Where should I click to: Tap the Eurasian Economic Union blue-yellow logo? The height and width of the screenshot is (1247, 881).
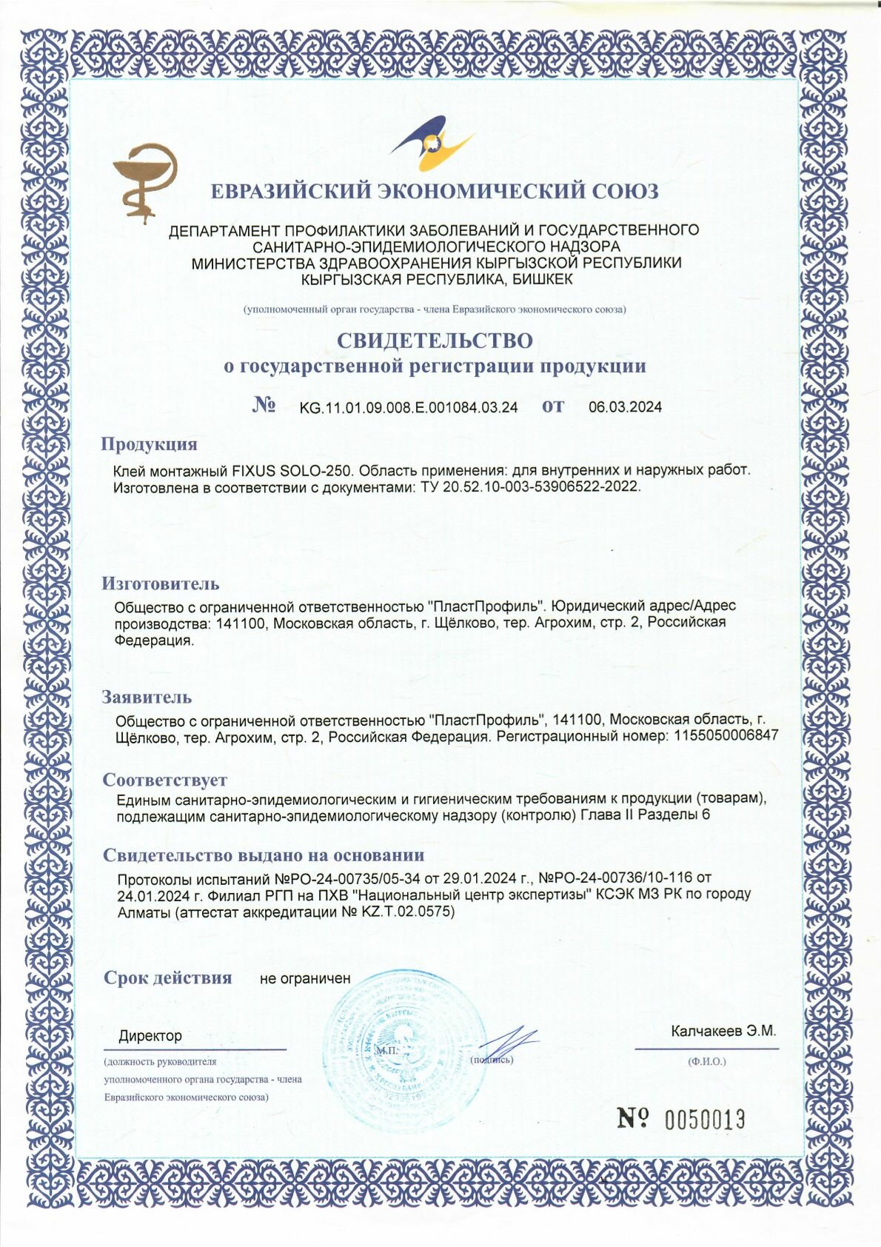click(432, 143)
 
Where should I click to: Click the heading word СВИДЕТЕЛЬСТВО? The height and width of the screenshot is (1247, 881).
click(435, 341)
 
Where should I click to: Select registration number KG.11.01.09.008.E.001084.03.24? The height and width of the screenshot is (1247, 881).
click(408, 407)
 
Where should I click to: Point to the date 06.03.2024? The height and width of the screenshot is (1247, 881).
click(625, 407)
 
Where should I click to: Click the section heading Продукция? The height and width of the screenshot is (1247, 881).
click(149, 444)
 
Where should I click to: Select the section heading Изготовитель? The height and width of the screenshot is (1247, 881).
click(160, 584)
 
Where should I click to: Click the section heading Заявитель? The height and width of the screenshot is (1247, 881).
click(147, 697)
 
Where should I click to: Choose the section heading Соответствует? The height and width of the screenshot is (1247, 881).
click(164, 780)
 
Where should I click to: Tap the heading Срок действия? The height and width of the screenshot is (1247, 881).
click(167, 978)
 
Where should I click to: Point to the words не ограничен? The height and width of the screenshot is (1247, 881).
click(305, 979)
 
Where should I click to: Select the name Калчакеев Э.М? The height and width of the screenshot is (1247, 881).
click(723, 1031)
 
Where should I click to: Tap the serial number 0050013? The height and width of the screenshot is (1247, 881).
click(704, 1120)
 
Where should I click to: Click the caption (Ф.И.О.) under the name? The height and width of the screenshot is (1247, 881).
click(707, 1061)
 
